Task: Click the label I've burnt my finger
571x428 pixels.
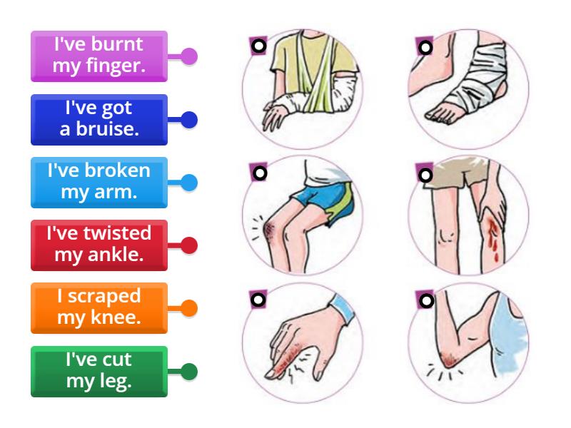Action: [x=99, y=56]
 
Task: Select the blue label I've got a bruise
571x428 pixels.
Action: [x=99, y=119]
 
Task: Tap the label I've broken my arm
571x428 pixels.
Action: [x=99, y=183]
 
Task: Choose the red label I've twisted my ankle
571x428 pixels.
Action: [x=99, y=245]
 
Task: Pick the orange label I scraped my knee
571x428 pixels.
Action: [x=99, y=307]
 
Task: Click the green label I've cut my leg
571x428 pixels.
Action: [x=99, y=371]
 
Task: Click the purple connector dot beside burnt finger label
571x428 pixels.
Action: [x=188, y=56]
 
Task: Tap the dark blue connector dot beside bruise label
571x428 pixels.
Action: [x=188, y=120]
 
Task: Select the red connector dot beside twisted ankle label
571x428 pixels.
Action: [x=188, y=246]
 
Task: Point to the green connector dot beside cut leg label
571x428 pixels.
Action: [x=188, y=372]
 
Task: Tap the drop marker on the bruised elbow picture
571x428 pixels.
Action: [x=425, y=301]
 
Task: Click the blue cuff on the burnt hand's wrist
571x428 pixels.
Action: [x=340, y=309]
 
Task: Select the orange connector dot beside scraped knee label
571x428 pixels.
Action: [x=188, y=309]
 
